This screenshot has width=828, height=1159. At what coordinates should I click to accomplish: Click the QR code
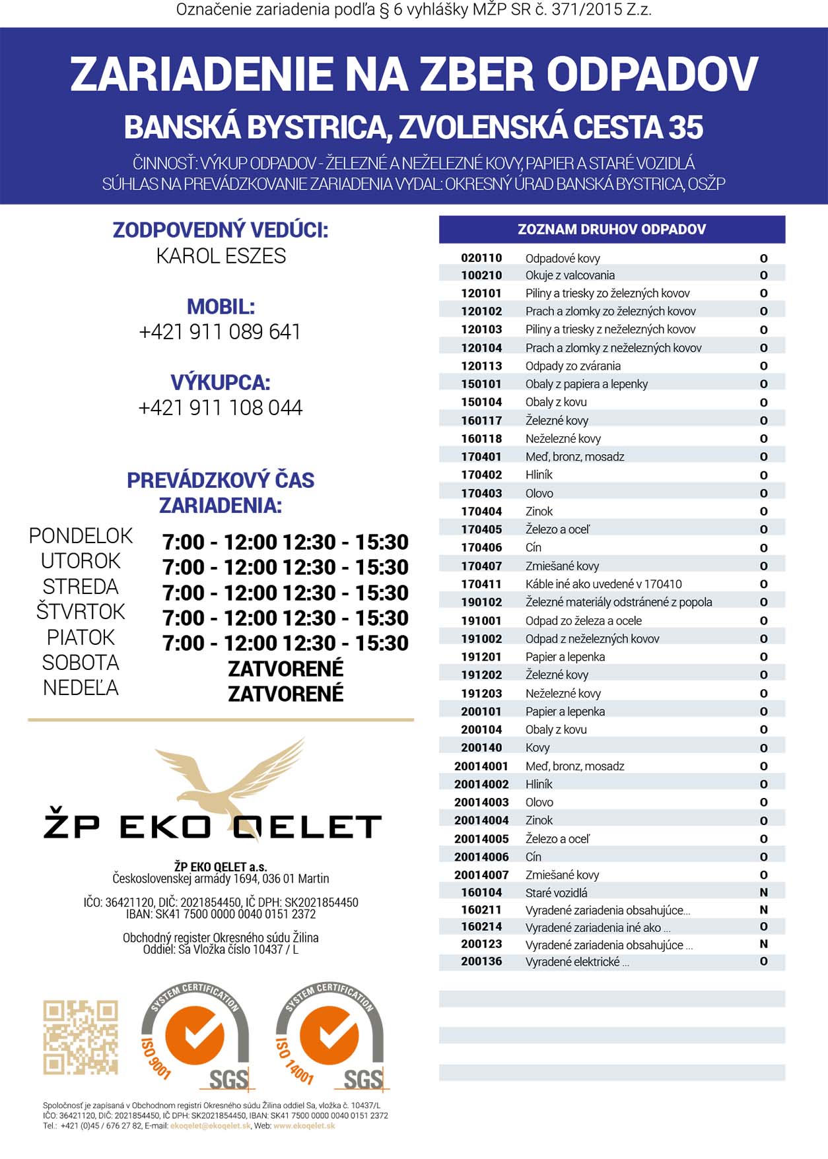pos(81,1037)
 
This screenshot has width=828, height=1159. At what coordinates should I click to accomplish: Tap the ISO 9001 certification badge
pos(195,1034)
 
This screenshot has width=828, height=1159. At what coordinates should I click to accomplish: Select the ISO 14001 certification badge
pos(329,1034)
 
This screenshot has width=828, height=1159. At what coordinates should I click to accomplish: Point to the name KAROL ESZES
pos(221,256)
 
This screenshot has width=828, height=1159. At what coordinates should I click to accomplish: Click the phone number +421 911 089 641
pos(220,331)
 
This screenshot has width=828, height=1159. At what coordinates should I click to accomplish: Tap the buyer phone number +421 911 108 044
pos(220,408)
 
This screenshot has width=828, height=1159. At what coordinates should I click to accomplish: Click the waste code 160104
pos(481,892)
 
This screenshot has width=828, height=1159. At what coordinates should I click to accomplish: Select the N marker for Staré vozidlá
pos(763,892)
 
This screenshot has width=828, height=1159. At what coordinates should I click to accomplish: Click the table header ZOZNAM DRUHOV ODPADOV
pos(611,230)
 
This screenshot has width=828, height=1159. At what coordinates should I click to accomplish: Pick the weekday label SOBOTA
pos(81,663)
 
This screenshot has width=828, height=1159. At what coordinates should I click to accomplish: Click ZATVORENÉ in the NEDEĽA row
pos(285,694)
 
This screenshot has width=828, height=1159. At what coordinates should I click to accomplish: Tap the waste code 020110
pos(481,258)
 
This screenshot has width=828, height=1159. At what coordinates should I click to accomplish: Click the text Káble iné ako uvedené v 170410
pos(604,584)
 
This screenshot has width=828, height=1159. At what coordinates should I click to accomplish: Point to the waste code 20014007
pos(481,875)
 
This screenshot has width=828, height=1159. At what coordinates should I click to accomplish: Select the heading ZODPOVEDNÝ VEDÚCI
pos(221,230)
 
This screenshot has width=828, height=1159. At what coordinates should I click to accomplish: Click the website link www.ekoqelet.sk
pos(304,1126)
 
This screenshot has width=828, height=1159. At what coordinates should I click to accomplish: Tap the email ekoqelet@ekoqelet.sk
pos(211,1126)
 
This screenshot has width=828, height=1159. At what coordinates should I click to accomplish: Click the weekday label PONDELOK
pos(81,536)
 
